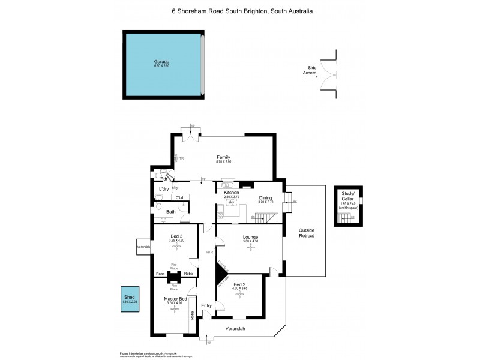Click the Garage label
point(161,61)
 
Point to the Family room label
point(224,157)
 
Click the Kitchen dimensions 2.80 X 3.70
point(231,197)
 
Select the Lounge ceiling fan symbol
point(250,247)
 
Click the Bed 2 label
point(239,284)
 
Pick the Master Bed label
point(176,299)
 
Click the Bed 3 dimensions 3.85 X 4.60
point(176,241)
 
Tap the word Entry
point(206,306)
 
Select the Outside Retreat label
point(307,233)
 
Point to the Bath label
point(171,212)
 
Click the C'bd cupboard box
point(179,197)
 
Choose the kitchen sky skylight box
point(230,203)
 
